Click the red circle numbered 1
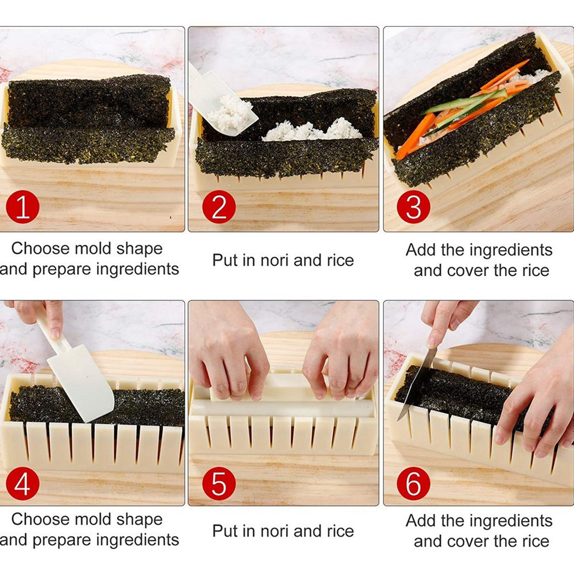pos(22,207)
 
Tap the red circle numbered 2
pos(219,207)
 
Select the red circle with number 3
pos(413,207)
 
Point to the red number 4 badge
pos(22,484)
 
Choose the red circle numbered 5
pos(219,484)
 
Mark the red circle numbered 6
pos(413,484)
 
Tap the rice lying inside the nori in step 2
pos(313,130)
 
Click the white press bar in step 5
pos(281,408)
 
